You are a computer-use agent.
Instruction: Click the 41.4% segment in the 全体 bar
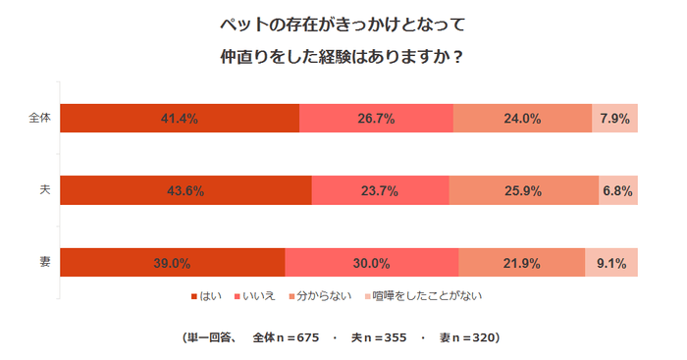pyautogui.click(x=180, y=119)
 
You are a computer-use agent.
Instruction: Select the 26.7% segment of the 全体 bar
pyautogui.click(x=376, y=119)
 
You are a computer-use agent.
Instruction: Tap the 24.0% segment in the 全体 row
pyautogui.click(x=522, y=119)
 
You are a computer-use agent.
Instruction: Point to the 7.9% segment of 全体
pyautogui.click(x=614, y=119)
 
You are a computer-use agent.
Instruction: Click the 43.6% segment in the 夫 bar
pyautogui.click(x=185, y=190)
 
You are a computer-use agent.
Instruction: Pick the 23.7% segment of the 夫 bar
pyautogui.click(x=380, y=190)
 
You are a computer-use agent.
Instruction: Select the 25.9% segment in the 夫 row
pyautogui.click(x=524, y=190)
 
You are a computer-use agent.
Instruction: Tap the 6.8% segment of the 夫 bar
pyautogui.click(x=618, y=190)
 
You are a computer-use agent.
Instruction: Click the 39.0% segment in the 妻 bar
pyautogui.click(x=172, y=263)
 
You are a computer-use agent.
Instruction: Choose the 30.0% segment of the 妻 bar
pyautogui.click(x=371, y=263)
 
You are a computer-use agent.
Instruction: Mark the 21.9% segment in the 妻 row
pyautogui.click(x=521, y=263)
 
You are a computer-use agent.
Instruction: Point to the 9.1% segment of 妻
pyautogui.click(x=611, y=263)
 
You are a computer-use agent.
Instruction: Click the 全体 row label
pyautogui.click(x=39, y=119)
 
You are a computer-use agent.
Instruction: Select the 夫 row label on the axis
pyautogui.click(x=45, y=190)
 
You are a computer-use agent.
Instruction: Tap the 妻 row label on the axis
pyautogui.click(x=45, y=263)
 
